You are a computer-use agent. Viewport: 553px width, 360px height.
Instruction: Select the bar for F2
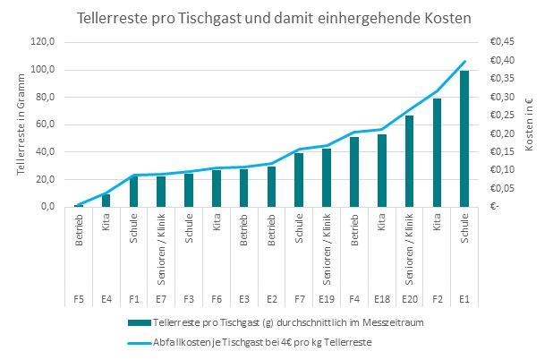pos(437,153)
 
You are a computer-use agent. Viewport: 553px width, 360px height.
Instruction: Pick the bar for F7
pos(299,180)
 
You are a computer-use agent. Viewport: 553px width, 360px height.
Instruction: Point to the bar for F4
pos(354,172)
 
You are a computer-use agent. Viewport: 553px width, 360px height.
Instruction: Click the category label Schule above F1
pos(133,228)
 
